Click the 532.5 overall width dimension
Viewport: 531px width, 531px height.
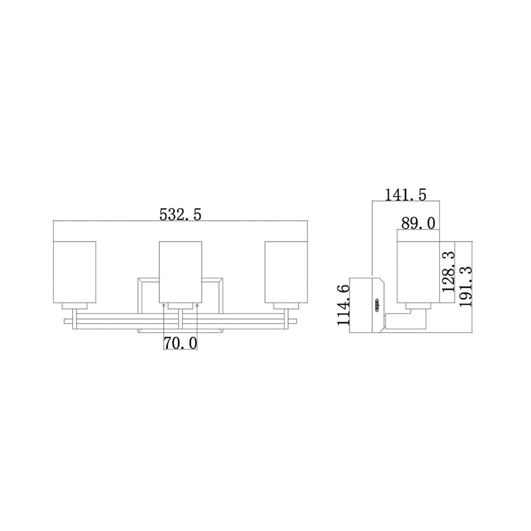click(x=180, y=215)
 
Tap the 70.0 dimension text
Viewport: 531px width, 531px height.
click(x=181, y=343)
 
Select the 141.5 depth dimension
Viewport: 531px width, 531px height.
click(x=405, y=195)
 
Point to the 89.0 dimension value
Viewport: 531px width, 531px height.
click(x=419, y=223)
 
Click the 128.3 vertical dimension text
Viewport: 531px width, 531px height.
click(x=448, y=271)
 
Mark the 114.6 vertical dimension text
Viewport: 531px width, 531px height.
click(x=344, y=305)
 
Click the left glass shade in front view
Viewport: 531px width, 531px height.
click(x=74, y=272)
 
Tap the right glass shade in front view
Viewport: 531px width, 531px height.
click(x=286, y=272)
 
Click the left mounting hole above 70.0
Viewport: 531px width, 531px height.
click(x=164, y=306)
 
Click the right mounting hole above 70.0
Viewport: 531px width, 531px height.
click(x=197, y=306)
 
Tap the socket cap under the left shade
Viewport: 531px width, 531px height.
click(x=74, y=306)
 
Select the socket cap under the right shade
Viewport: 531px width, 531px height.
click(x=286, y=306)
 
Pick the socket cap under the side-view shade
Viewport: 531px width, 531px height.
click(x=418, y=306)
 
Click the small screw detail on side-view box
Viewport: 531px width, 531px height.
click(x=377, y=305)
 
